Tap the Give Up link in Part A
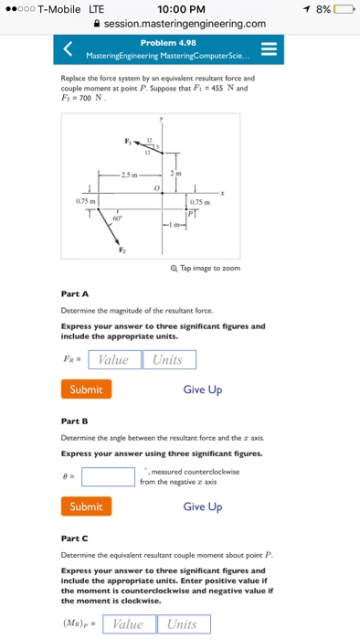coord(202,389)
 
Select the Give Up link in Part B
coord(202,507)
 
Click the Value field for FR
coord(114,360)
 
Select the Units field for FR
coord(168,360)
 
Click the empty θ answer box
coord(108,476)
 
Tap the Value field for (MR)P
coord(128,624)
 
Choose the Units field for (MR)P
coord(182,624)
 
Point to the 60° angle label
coord(115,219)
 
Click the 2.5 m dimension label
coord(133,175)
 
